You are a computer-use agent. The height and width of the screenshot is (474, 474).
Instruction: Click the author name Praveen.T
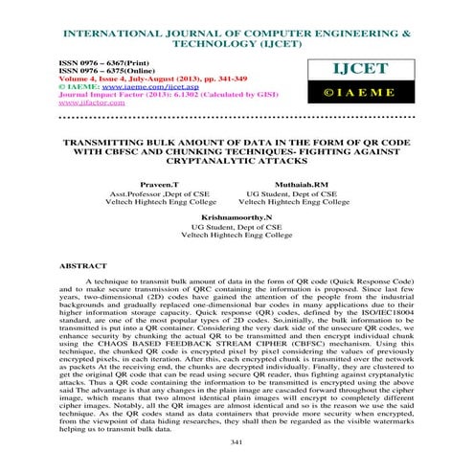tap(154, 183)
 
